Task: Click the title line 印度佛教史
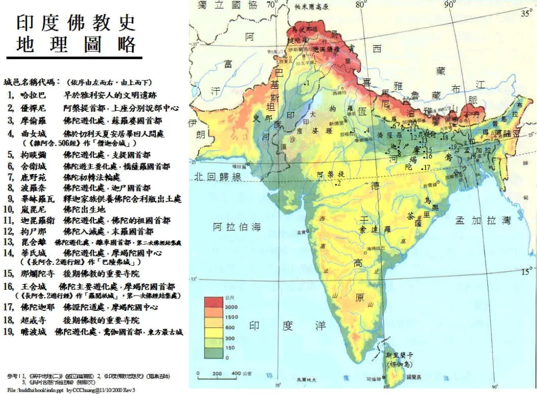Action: [x=76, y=22]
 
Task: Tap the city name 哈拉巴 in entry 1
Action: [x=32, y=95]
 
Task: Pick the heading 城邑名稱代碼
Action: [x=31, y=82]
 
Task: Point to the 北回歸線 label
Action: [x=217, y=176]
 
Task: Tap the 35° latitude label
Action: [x=527, y=14]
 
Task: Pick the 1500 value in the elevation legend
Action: [x=231, y=318]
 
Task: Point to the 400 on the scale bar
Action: [x=236, y=373]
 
